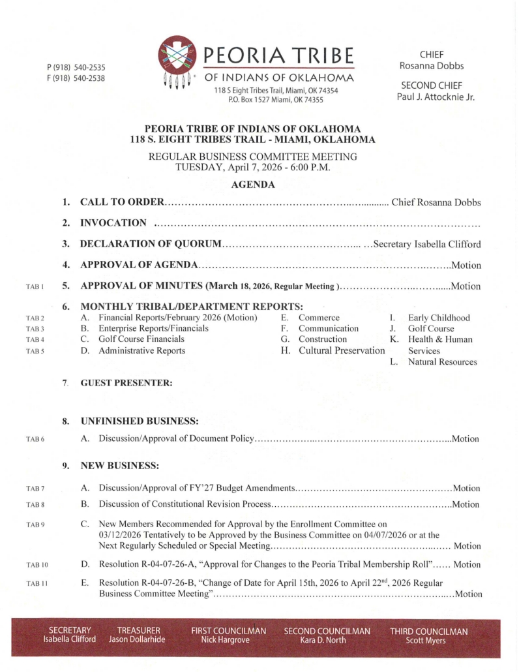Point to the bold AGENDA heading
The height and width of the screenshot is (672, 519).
[253, 185]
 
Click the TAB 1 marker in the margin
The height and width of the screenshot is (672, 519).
[35, 286]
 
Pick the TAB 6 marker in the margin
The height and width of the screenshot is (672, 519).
[35, 439]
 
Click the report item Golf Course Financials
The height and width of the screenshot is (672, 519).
[141, 339]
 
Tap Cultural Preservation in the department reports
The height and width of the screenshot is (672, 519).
[342, 350]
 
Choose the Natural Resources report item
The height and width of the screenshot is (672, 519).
[442, 361]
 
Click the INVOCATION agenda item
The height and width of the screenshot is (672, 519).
[113, 223]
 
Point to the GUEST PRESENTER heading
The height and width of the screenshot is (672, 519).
[126, 384]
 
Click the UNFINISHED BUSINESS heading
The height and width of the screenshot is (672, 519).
[139, 421]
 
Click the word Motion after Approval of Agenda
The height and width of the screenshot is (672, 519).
[466, 266]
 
